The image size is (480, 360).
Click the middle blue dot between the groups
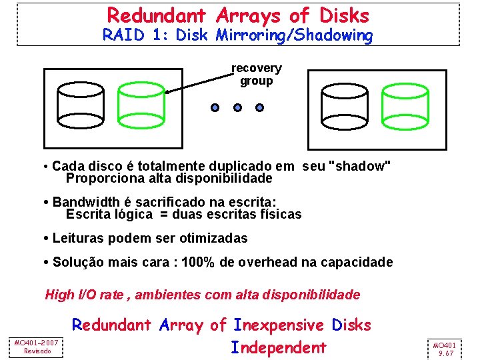point(237,107)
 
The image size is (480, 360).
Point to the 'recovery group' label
point(257,75)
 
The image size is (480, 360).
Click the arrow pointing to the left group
point(200,80)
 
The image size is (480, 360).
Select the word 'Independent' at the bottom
point(279,347)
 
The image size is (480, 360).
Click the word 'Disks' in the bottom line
point(350,325)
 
